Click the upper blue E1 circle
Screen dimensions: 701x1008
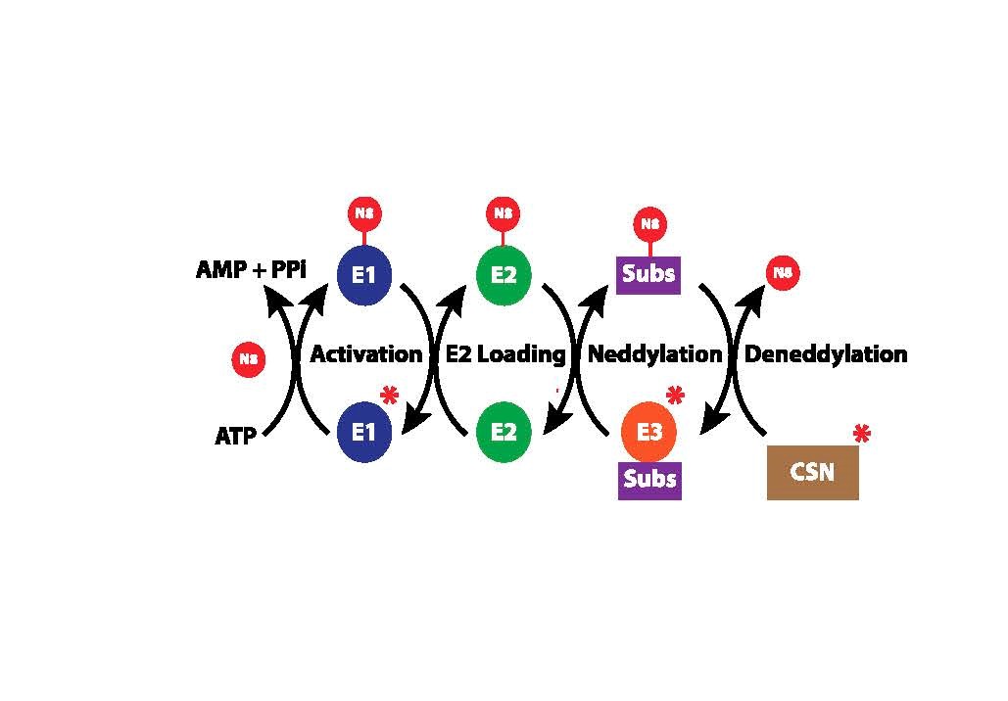364,275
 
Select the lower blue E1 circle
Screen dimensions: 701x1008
364,431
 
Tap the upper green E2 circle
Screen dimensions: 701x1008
503,274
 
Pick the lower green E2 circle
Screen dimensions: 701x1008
503,431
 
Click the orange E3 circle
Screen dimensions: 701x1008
649,431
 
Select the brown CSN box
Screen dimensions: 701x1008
812,472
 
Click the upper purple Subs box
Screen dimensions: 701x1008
649,272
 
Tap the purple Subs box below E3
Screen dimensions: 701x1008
649,480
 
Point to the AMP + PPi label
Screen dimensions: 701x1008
252,268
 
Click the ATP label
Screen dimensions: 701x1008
235,436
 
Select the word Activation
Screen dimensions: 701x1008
366,353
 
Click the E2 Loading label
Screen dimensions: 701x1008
505,353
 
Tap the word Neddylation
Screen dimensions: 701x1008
653,353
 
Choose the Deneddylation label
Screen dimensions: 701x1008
826,353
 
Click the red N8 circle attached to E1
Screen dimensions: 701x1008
364,213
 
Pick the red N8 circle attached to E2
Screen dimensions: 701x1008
503,213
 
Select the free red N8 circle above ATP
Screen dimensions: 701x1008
248,359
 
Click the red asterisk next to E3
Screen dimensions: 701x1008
674,397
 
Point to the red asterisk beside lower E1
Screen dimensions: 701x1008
389,397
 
